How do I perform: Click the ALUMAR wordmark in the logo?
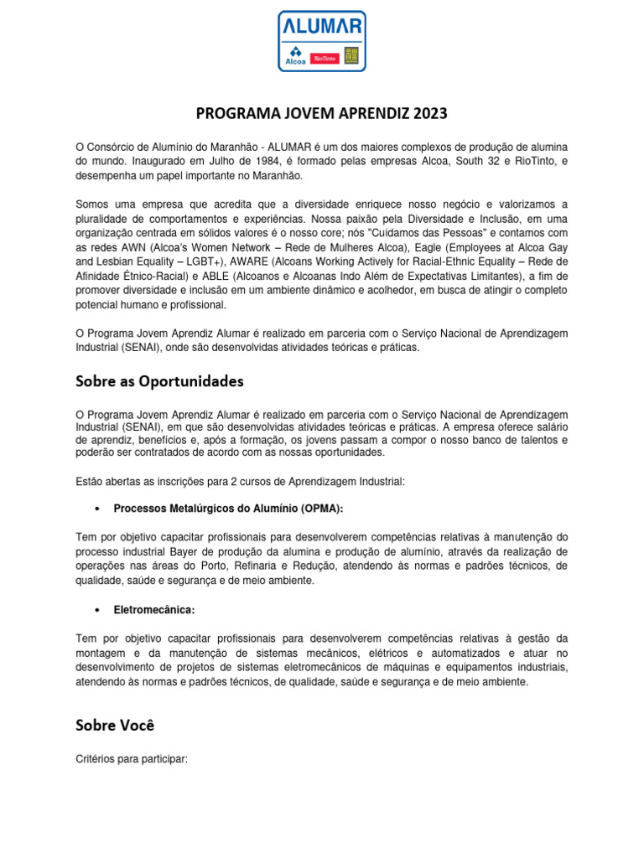pyautogui.click(x=321, y=26)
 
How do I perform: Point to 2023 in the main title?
pyautogui.click(x=426, y=113)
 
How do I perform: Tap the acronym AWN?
pyautogui.click(x=135, y=248)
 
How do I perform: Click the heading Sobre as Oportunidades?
pyautogui.click(x=159, y=381)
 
